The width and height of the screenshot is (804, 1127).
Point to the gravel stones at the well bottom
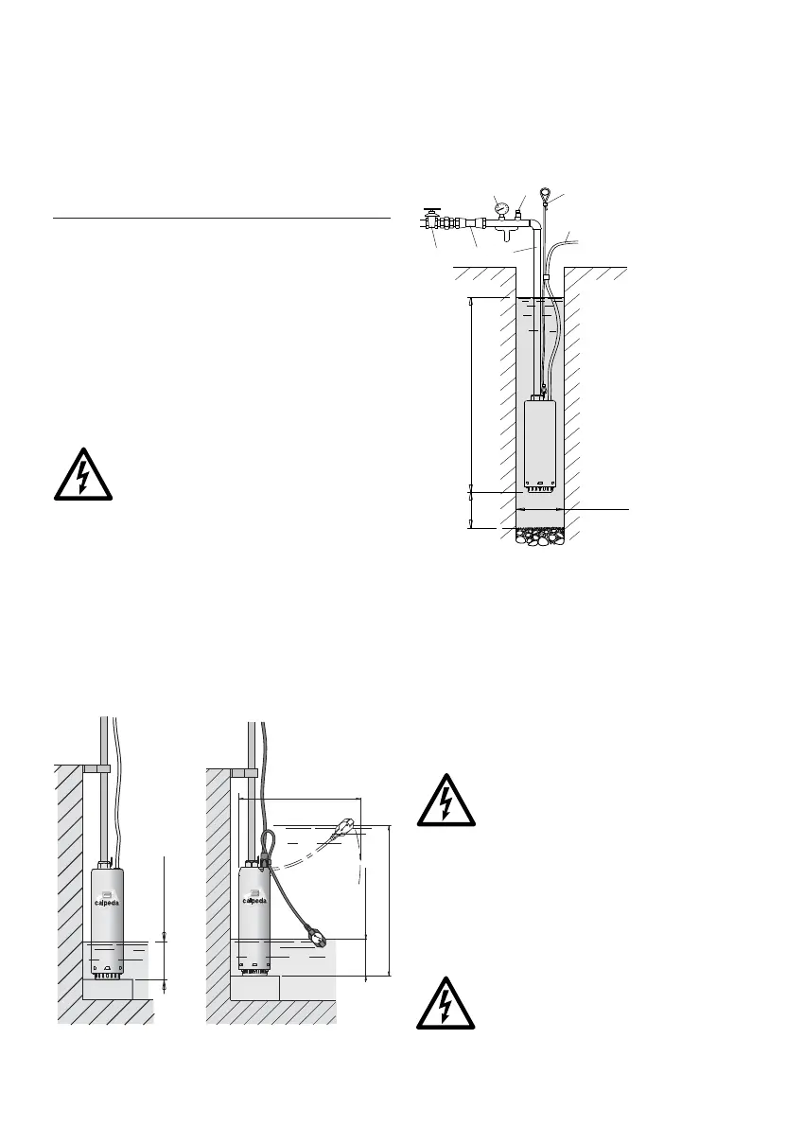pos(539,537)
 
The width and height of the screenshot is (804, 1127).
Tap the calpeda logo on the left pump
pos(108,898)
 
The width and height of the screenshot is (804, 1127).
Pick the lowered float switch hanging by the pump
pos(319,938)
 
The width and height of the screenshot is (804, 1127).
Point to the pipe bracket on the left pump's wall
pos(96,768)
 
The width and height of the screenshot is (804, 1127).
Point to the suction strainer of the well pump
pos(539,489)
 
